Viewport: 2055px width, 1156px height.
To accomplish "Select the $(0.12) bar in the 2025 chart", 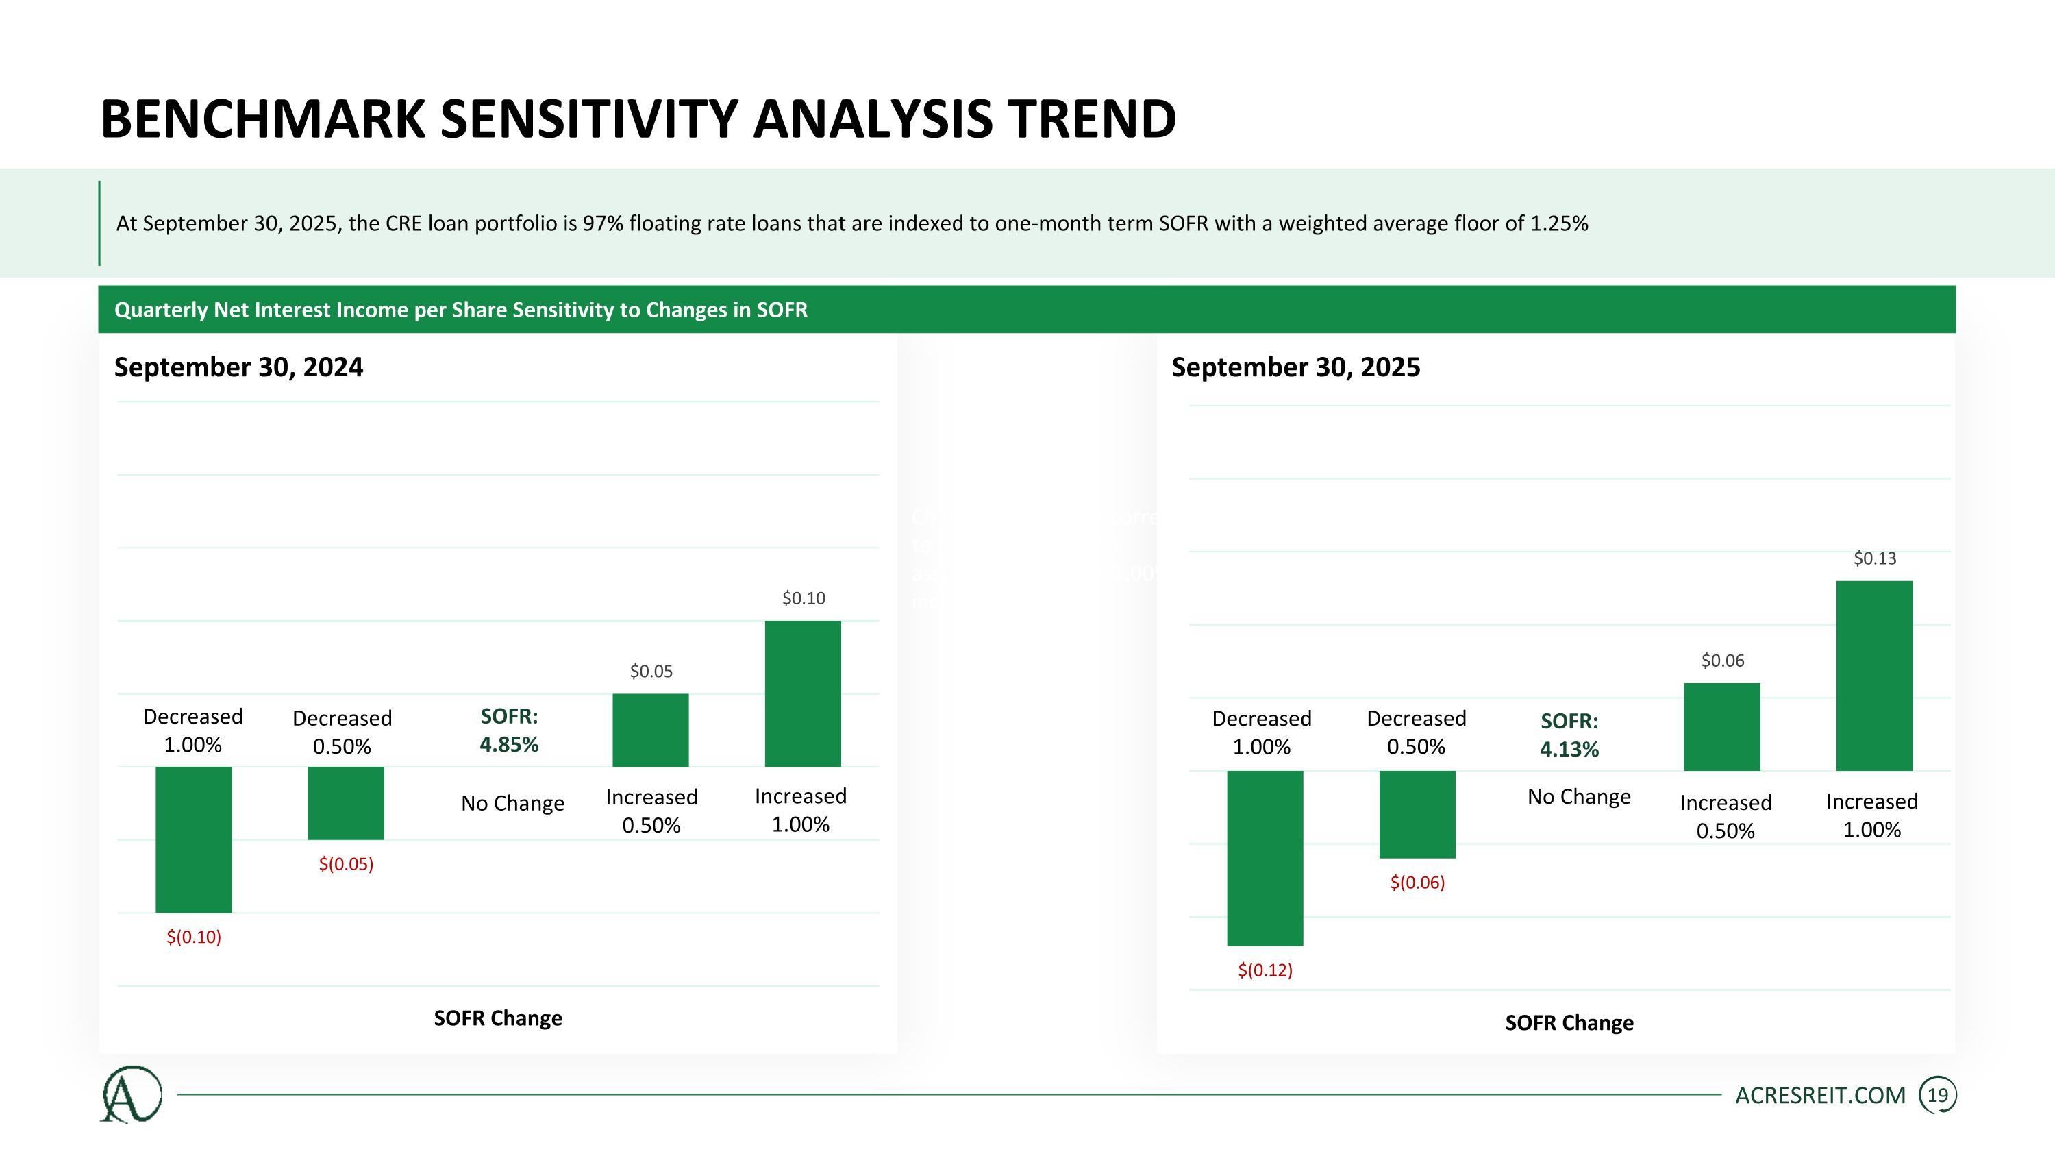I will pyautogui.click(x=1265, y=858).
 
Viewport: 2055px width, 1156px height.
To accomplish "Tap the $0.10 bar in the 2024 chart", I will pyautogui.click(x=803, y=693).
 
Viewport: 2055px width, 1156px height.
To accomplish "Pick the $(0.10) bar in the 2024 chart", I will pyautogui.click(x=193, y=839).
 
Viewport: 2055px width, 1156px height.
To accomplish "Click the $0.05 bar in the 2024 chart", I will pyautogui.click(x=650, y=730).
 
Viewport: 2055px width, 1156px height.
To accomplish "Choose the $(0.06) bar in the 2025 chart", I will pyautogui.click(x=1417, y=814).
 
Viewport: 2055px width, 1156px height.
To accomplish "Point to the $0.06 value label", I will pyautogui.click(x=1722, y=661).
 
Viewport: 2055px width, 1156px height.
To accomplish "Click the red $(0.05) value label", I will pyautogui.click(x=346, y=864).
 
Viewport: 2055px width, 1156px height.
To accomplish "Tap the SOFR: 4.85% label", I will pyautogui.click(x=509, y=730).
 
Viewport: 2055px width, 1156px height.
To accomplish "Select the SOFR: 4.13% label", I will pyautogui.click(x=1569, y=735).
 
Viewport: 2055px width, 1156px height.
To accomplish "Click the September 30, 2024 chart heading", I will pyautogui.click(x=238, y=367).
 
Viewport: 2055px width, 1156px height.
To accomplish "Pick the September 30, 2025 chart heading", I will pyautogui.click(x=1295, y=367).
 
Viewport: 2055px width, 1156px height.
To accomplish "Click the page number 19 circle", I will pyautogui.click(x=1938, y=1096).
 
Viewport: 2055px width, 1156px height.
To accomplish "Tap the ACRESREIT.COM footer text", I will pyautogui.click(x=1819, y=1096).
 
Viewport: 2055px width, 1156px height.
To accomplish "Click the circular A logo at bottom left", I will pyautogui.click(x=132, y=1094).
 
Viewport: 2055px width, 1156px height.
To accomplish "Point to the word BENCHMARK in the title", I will pyautogui.click(x=263, y=120).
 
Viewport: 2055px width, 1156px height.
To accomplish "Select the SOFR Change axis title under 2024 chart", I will pyautogui.click(x=498, y=1018).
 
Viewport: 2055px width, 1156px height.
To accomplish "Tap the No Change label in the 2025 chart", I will pyautogui.click(x=1579, y=796).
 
